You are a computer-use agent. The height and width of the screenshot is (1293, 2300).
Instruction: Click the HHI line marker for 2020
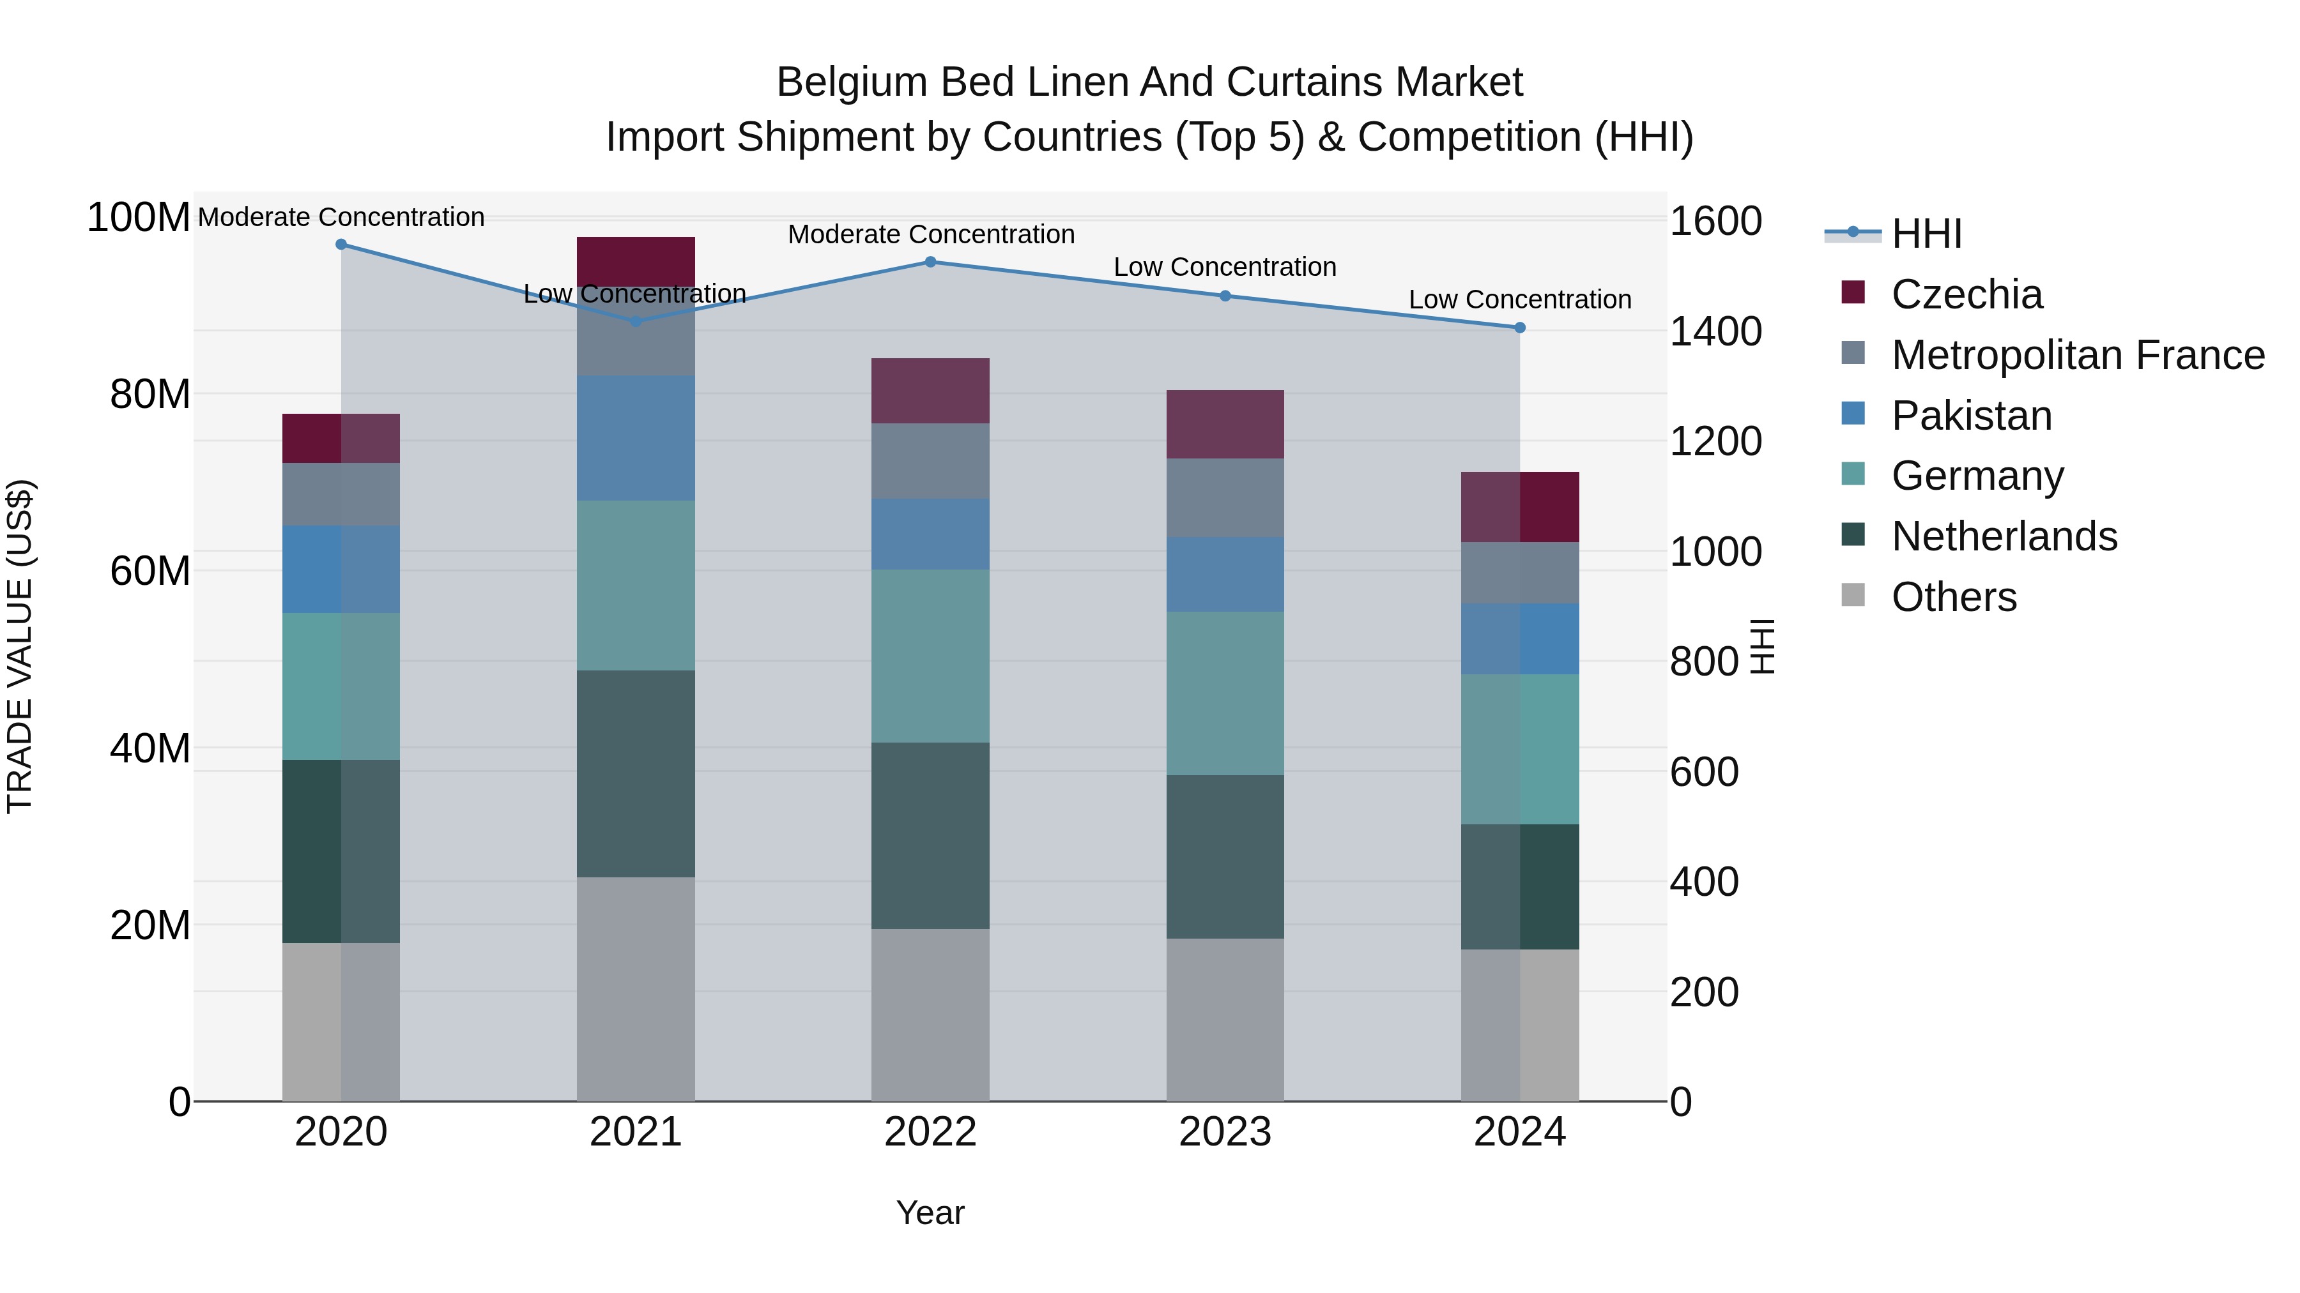tap(341, 245)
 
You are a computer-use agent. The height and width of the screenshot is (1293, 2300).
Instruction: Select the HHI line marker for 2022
tap(930, 262)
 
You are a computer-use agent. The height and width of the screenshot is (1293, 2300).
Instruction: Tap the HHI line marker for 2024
tap(1520, 328)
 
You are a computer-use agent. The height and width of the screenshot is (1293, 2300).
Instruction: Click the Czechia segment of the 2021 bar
tap(636, 261)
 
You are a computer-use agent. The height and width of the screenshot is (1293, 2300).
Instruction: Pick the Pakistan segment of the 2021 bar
tap(636, 438)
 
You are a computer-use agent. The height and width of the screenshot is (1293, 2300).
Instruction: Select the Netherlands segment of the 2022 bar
tap(930, 836)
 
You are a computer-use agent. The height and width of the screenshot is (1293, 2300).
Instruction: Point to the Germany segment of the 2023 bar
tap(1225, 693)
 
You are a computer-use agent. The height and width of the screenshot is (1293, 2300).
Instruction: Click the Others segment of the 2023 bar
tap(1225, 1020)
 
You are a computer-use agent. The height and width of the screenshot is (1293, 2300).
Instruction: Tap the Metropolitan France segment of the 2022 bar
tap(930, 462)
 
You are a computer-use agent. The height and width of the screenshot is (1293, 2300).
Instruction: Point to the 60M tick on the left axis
tap(150, 571)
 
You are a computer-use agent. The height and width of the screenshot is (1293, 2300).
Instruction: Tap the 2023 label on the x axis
tap(1225, 1132)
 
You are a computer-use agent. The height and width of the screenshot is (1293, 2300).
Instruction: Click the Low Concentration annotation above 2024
tap(1520, 300)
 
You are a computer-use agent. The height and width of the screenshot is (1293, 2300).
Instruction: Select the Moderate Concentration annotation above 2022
tap(930, 235)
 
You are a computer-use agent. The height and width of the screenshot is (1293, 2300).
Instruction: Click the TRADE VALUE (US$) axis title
tap(20, 647)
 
